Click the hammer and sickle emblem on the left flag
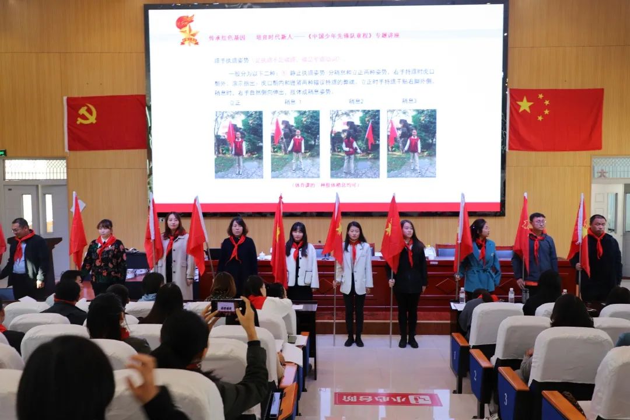(86, 114)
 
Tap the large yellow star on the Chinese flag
(524, 105)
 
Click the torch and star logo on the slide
(188, 30)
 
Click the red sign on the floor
(388, 400)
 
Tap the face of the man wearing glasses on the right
(537, 223)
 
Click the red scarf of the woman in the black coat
(236, 246)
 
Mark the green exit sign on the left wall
(2, 153)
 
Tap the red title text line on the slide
(304, 36)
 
